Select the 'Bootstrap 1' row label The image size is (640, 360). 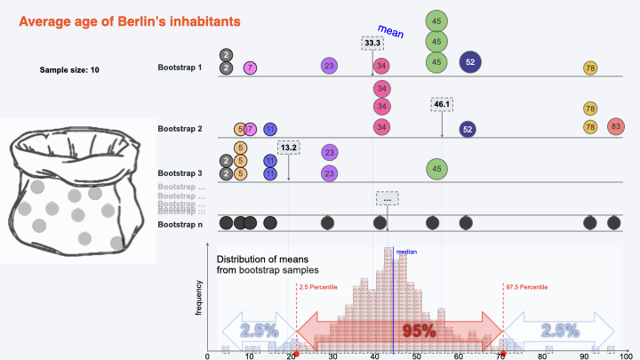180,68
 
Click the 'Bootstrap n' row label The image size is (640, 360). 180,225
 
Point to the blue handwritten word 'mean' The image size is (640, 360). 391,33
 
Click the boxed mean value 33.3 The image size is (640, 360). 373,43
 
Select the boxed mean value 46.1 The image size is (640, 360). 442,104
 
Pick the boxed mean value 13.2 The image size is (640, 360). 289,147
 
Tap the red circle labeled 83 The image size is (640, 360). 616,127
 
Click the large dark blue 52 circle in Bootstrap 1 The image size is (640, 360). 470,61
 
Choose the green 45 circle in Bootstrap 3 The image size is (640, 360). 436,167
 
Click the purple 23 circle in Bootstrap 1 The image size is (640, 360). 330,66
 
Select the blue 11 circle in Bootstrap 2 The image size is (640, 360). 270,129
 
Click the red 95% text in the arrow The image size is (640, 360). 419,331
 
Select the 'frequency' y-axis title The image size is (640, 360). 201,297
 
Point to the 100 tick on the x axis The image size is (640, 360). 627,356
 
